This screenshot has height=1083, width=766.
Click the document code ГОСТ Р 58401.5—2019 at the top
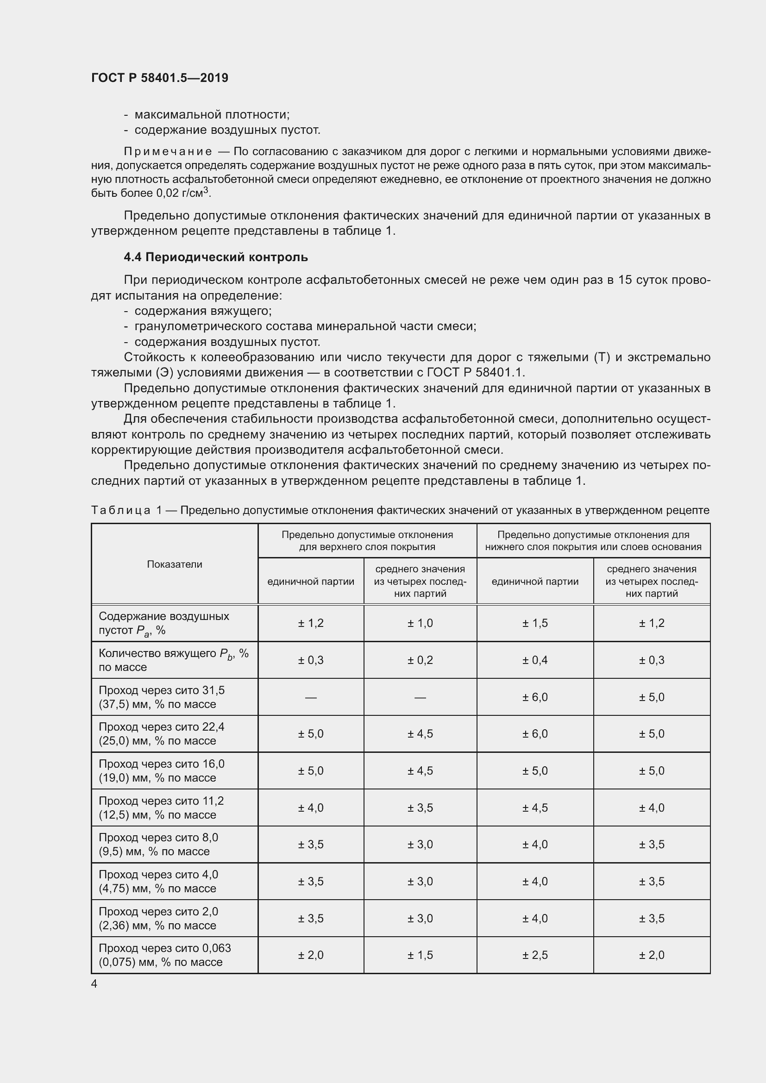pyautogui.click(x=159, y=78)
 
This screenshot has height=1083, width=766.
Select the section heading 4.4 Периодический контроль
pyautogui.click(x=215, y=257)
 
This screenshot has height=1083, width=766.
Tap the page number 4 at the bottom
pyautogui.click(x=94, y=984)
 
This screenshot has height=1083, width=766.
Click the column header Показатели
pyautogui.click(x=175, y=564)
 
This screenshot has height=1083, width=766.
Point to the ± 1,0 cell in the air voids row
pyautogui.click(x=420, y=623)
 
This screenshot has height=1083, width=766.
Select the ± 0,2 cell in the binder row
pyautogui.click(x=420, y=660)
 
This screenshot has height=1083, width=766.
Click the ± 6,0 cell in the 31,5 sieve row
pyautogui.click(x=534, y=697)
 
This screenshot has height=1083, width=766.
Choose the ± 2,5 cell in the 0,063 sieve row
pyautogui.click(x=534, y=955)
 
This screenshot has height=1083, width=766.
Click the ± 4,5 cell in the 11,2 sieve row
pyautogui.click(x=534, y=808)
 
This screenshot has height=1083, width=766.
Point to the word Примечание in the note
pyautogui.click(x=168, y=151)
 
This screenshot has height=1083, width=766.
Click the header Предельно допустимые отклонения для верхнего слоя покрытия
pyautogui.click(x=367, y=540)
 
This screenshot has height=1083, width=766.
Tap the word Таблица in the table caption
pyautogui.click(x=121, y=510)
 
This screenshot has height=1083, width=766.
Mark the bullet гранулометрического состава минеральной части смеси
pyautogui.click(x=305, y=326)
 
